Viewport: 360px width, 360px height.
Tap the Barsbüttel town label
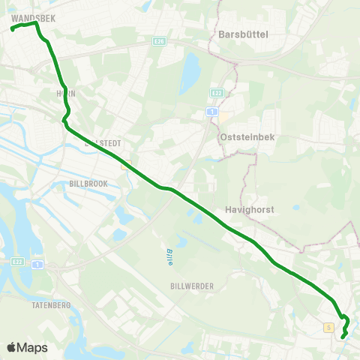[x=243, y=33]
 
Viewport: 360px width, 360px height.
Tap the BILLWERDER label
[x=193, y=286]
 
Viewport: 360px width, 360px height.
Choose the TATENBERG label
[x=52, y=305]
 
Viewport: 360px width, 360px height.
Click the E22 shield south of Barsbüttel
[x=217, y=92]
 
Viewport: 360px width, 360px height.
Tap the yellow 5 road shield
[x=328, y=328]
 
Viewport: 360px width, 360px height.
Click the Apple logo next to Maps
[x=12, y=347]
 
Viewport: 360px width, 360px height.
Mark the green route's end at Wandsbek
[x=13, y=29]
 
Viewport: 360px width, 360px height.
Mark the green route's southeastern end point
[x=343, y=337]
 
